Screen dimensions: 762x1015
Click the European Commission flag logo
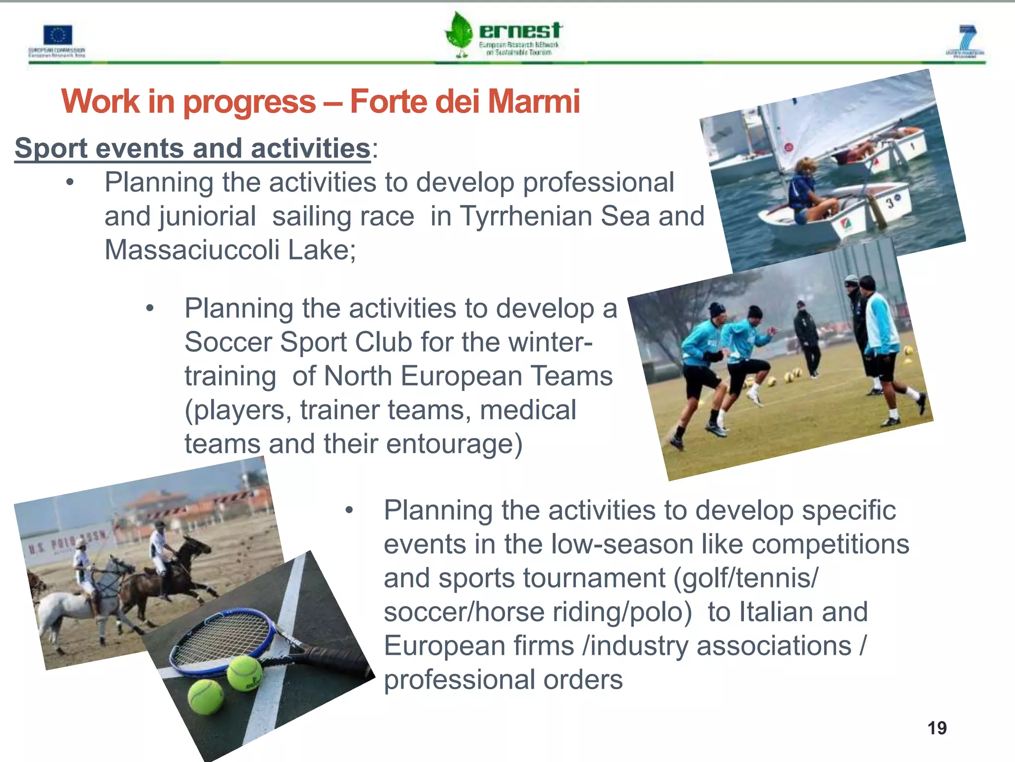point(57,36)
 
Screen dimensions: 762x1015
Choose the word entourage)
point(454,444)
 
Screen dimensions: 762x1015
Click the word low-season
point(622,544)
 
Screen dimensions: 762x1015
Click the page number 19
point(937,728)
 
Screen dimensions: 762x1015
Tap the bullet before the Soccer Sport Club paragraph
point(150,309)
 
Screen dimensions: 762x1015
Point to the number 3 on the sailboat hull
point(890,202)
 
